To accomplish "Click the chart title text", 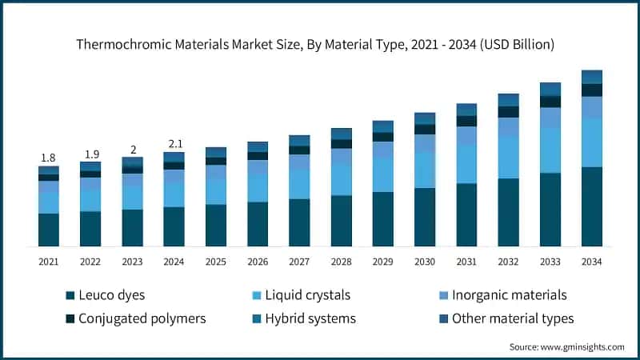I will (x=320, y=45).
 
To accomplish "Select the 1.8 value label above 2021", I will (x=49, y=158).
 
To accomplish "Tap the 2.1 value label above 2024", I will (x=174, y=144).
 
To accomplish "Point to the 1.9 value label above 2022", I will (x=90, y=154).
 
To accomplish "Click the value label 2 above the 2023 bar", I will (x=132, y=150).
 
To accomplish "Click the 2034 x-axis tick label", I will (x=591, y=262).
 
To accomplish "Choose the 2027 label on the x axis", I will (x=299, y=262).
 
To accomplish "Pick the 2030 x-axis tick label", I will (x=424, y=262).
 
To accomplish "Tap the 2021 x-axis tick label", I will (x=49, y=262).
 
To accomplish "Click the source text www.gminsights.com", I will (x=566, y=346).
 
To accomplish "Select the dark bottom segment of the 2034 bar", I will (x=591, y=206).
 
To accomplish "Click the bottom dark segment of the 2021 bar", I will (x=49, y=230).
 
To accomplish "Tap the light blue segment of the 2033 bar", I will (x=550, y=150).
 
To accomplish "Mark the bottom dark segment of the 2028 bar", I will (x=341, y=221).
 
